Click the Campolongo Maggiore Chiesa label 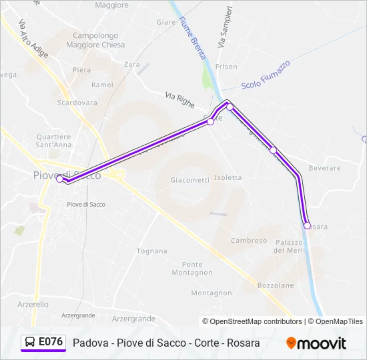pyautogui.click(x=95, y=41)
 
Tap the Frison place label pyautogui.click(x=226, y=67)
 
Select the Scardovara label pyautogui.click(x=77, y=103)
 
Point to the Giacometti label pyautogui.click(x=190, y=180)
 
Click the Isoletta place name pyautogui.click(x=228, y=178)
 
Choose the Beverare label pyautogui.click(x=325, y=169)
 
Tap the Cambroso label pyautogui.click(x=249, y=241)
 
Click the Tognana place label pyautogui.click(x=151, y=251)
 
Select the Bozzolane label pyautogui.click(x=276, y=285)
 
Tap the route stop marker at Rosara pyautogui.click(x=307, y=225)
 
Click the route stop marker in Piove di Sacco pyautogui.click(x=60, y=179)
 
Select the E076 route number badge pyautogui.click(x=44, y=343)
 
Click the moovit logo pyautogui.click(x=316, y=343)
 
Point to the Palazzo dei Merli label pyautogui.click(x=288, y=246)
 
